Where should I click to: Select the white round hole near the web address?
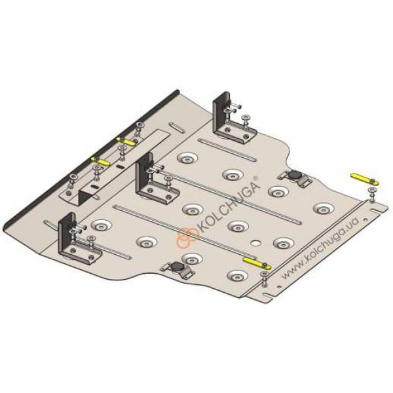click(256, 242)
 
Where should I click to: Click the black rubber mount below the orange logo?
click(178, 267)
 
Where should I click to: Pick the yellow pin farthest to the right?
click(364, 179)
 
